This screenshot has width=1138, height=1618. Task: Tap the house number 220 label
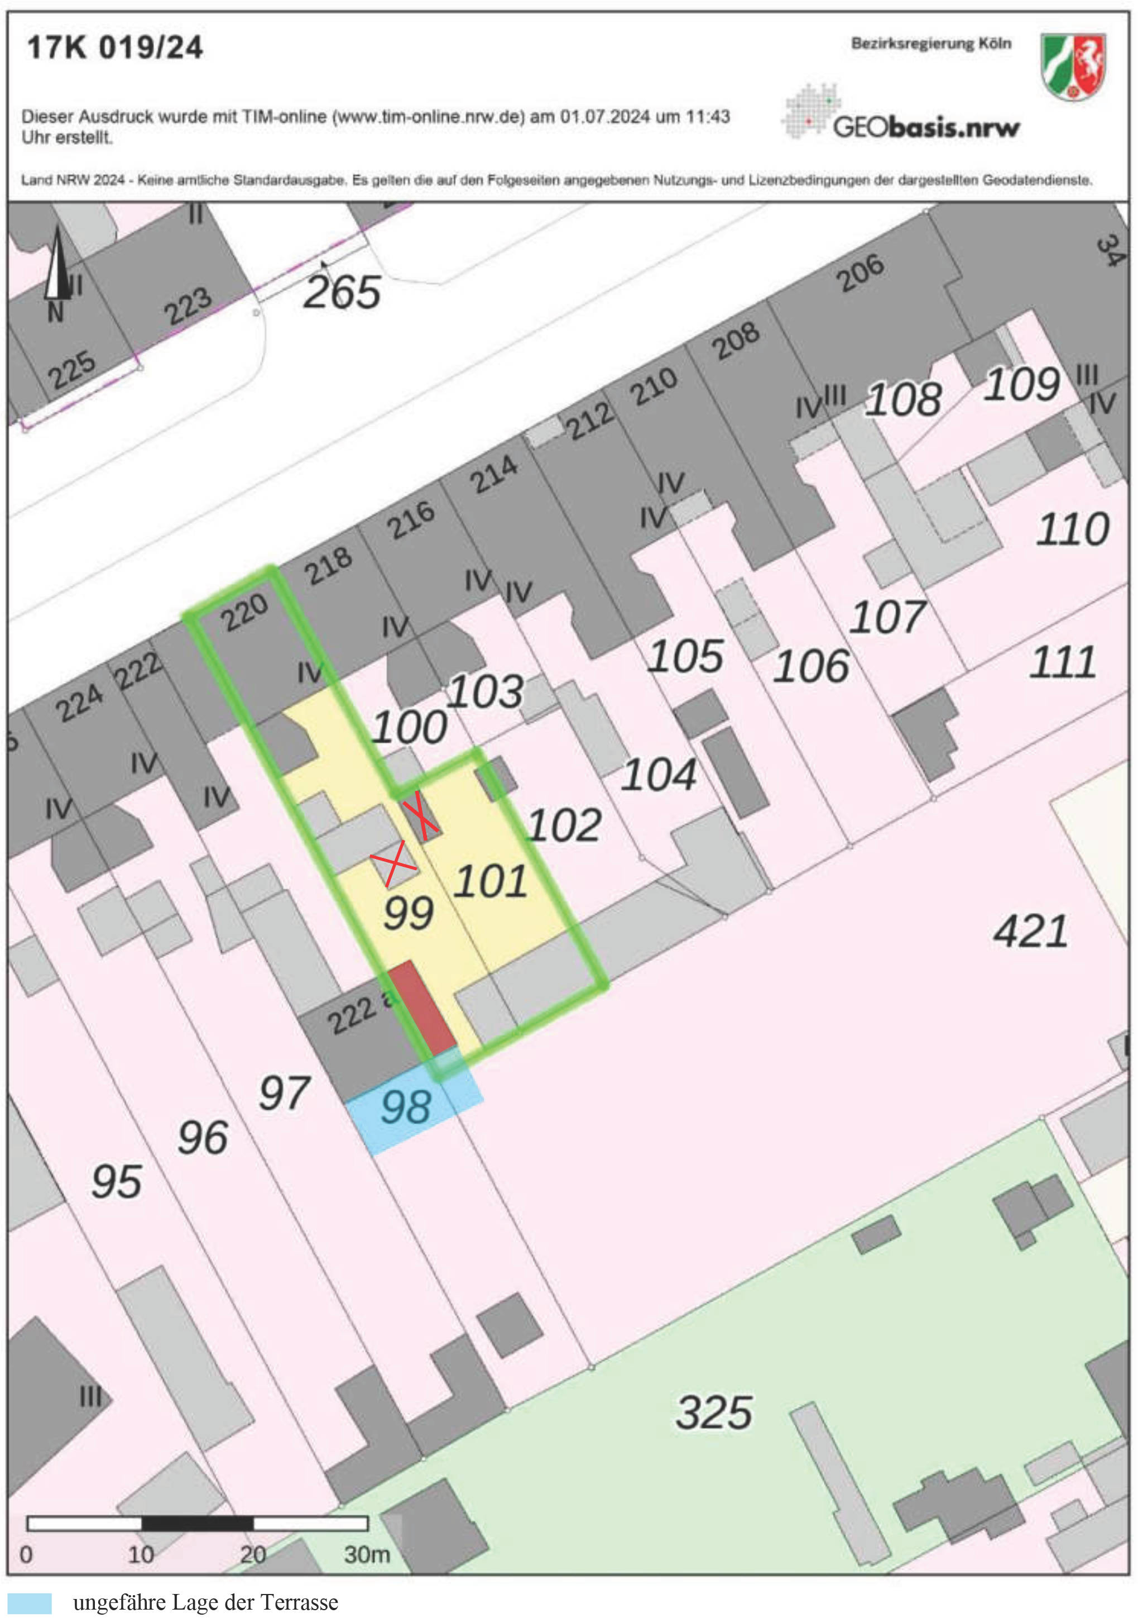click(x=244, y=612)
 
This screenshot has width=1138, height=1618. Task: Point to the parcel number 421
click(x=1030, y=931)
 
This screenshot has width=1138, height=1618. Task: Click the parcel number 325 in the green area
click(x=714, y=1412)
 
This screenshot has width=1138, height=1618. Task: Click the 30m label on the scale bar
click(x=366, y=1554)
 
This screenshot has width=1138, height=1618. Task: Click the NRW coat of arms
click(x=1073, y=66)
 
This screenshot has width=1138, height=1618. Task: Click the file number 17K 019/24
click(x=115, y=48)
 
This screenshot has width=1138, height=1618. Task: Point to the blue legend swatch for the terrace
click(x=30, y=1603)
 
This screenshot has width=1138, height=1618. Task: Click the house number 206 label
click(x=860, y=273)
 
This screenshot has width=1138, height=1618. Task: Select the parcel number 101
click(x=490, y=881)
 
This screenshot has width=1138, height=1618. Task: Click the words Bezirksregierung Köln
click(x=931, y=44)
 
